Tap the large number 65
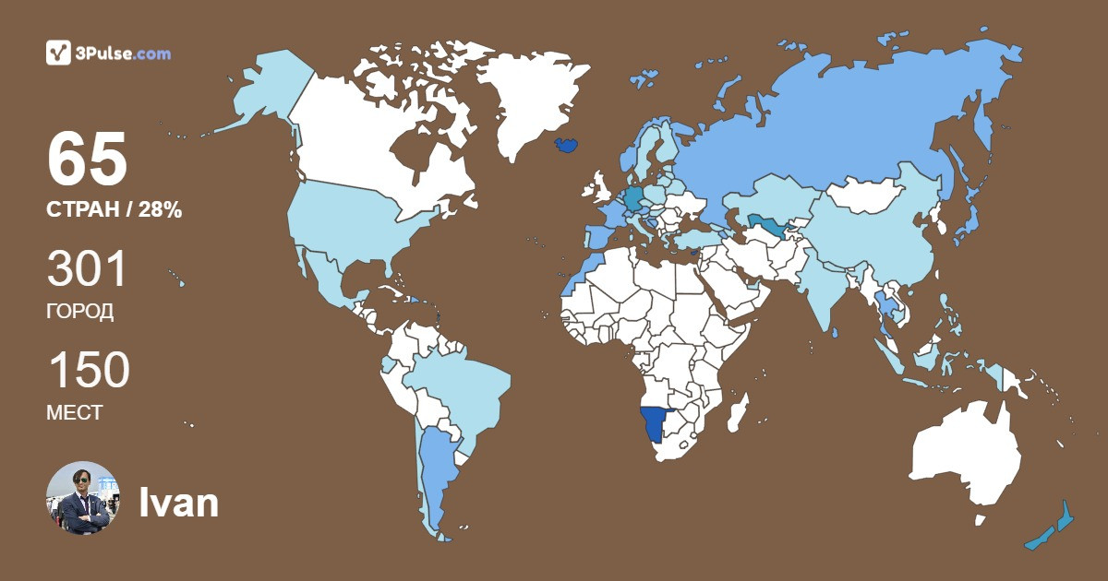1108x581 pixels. click(87, 160)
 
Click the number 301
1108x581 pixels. click(87, 269)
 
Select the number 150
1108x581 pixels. click(89, 371)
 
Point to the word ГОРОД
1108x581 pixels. click(80, 312)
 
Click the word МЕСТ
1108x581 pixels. click(75, 413)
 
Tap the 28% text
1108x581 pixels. click(160, 210)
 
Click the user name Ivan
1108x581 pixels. click(178, 504)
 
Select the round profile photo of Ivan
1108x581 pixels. click(83, 498)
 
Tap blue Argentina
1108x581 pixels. click(435, 470)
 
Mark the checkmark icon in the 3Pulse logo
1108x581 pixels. click(58, 53)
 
